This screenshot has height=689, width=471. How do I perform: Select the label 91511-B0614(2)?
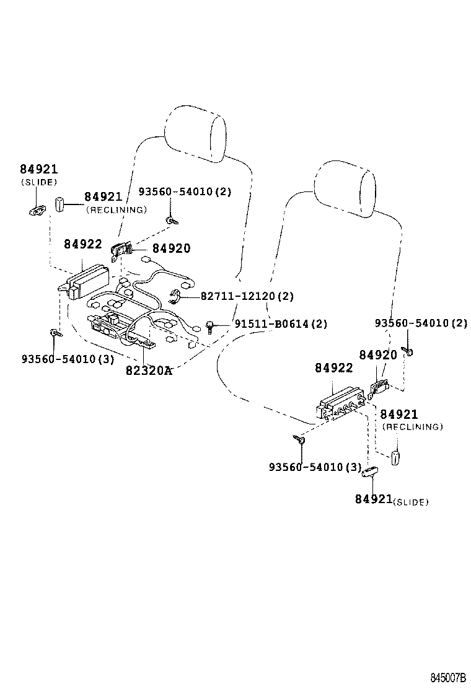coord(281,323)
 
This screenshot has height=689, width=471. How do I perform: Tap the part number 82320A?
coord(148,371)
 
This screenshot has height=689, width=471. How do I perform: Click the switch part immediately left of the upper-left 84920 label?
coord(120,250)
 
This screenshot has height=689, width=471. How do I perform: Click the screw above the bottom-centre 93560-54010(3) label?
coord(299,441)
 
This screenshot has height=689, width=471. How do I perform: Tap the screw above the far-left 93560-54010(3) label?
coord(55,333)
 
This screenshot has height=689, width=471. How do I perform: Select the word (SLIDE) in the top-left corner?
coord(38,182)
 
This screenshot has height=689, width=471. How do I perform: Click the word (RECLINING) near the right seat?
coord(412,427)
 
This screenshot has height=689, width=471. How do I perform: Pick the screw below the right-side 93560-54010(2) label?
coord(410,351)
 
